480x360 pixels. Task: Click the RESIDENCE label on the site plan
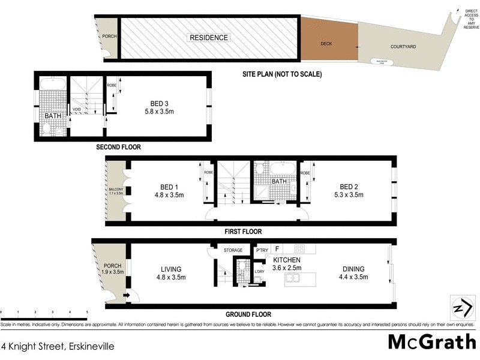point(209,38)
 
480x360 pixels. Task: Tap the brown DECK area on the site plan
point(327,44)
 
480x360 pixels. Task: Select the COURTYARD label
point(404,46)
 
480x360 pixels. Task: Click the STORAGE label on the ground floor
point(233,250)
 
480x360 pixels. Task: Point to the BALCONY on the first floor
point(115,191)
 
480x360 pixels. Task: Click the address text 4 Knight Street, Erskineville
point(58,346)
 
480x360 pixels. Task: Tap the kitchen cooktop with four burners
point(298,248)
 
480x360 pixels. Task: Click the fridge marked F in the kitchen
point(277,248)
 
